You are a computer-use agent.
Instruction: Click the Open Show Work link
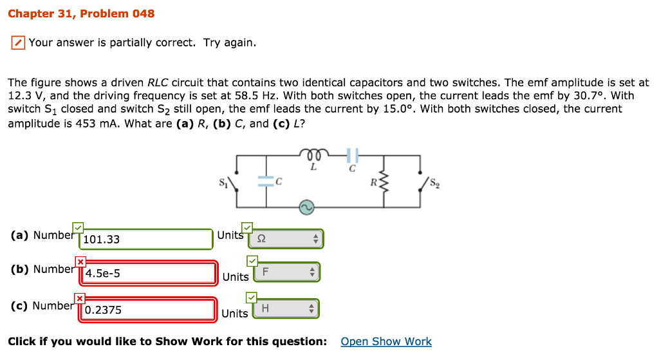coord(386,341)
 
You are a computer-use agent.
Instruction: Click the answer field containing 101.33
coord(146,240)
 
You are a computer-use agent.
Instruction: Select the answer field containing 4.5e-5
coord(149,274)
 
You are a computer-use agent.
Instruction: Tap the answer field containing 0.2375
coord(149,310)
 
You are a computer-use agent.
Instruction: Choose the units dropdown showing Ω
coord(286,239)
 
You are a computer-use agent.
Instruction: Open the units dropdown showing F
coord(286,272)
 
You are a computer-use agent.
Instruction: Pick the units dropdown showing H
coord(286,309)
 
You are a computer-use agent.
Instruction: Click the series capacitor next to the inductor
coord(351,155)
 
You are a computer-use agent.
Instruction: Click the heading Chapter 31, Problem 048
coord(81,14)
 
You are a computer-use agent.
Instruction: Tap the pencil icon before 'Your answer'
coord(19,43)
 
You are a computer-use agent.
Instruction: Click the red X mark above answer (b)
coord(80,262)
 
